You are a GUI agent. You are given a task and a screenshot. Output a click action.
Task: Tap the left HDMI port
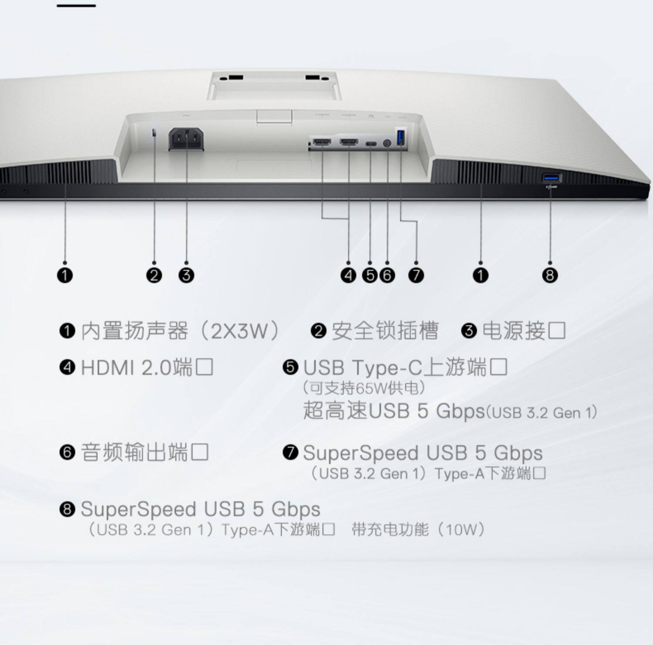[x=322, y=142]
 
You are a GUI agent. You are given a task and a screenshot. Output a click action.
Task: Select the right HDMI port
[x=349, y=142]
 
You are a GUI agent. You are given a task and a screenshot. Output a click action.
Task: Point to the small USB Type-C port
[x=370, y=144]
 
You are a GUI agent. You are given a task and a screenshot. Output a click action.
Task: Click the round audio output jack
[x=387, y=143]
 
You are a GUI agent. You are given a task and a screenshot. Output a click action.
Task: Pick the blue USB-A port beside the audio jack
[x=401, y=138]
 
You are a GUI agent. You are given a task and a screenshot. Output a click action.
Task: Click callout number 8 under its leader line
[x=550, y=275]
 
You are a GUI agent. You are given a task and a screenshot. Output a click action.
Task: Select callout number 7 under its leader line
[x=416, y=275]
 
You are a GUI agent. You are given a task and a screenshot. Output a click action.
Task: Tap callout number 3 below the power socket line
[x=186, y=275]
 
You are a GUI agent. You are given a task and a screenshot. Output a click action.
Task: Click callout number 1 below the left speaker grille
[x=65, y=275]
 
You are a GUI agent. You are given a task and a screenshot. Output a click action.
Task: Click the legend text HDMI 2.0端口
[x=147, y=368]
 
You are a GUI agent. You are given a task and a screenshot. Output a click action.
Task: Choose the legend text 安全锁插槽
[x=385, y=331]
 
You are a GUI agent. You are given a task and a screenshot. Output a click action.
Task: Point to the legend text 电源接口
[x=524, y=331]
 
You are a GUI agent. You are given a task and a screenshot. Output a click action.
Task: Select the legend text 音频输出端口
[x=145, y=452]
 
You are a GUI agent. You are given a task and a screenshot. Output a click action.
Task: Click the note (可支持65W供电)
[x=364, y=388]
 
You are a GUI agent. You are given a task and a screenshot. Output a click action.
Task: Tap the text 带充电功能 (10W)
[x=418, y=530]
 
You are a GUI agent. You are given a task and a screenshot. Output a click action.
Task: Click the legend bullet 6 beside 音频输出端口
[x=67, y=452]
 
